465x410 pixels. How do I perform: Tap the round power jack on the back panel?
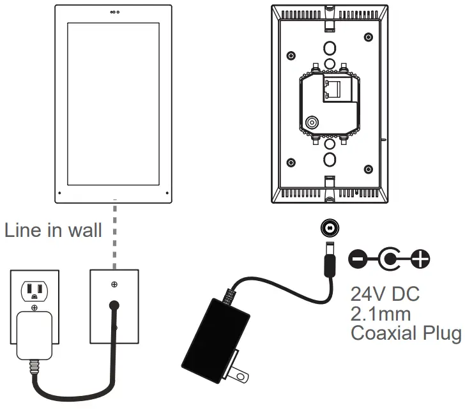pyautogui.click(x=312, y=124)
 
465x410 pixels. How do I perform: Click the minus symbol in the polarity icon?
pyautogui.click(x=358, y=259)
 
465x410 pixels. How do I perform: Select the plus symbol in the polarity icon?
pyautogui.click(x=420, y=259)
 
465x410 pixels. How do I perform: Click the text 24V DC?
pyautogui.click(x=385, y=294)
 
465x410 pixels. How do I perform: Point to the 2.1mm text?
pyautogui.click(x=381, y=314)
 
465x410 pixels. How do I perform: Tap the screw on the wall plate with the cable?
pyautogui.click(x=114, y=284)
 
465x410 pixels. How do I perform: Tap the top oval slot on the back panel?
pyautogui.click(x=330, y=49)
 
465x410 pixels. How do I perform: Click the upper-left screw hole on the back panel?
pyautogui.click(x=291, y=54)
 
